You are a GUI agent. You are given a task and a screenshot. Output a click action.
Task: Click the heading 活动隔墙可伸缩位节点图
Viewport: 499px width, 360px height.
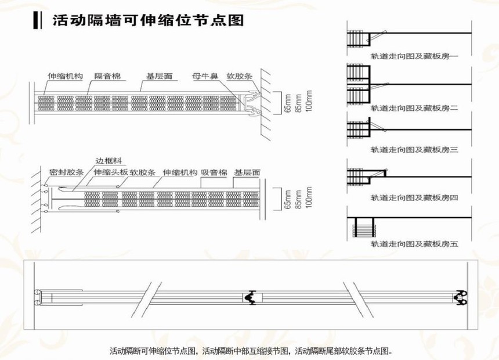[149, 21]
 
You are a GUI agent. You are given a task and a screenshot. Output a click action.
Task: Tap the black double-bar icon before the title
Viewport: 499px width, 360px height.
[37, 20]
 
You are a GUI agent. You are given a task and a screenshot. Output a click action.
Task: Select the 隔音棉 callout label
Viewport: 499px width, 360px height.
[107, 76]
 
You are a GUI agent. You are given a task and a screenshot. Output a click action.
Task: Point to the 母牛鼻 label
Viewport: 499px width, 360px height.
[205, 76]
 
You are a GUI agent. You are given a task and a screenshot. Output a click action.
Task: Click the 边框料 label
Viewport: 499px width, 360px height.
[109, 161]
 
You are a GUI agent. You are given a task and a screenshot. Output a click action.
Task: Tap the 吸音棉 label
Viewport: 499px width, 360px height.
[214, 172]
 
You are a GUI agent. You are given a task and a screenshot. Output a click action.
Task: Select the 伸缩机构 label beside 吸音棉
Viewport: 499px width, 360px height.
[180, 172]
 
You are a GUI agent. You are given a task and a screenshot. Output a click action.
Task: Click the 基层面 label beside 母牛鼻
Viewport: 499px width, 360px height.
[159, 76]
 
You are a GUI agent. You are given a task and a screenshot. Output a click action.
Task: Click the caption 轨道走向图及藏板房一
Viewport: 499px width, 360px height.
[414, 56]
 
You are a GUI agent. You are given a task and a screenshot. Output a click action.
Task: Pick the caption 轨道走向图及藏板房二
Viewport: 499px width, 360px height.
[414, 108]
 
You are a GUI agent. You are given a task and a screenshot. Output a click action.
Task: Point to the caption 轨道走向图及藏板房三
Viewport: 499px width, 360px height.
[414, 149]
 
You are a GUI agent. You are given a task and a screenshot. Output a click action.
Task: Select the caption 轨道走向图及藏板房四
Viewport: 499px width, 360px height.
[414, 197]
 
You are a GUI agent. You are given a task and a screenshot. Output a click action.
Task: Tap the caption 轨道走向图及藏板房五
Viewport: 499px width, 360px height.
[414, 244]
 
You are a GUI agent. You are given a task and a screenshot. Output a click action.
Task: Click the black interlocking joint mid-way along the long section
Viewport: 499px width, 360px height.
[251, 297]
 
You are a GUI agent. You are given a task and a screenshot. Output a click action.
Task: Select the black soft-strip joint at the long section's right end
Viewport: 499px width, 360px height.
[460, 297]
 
